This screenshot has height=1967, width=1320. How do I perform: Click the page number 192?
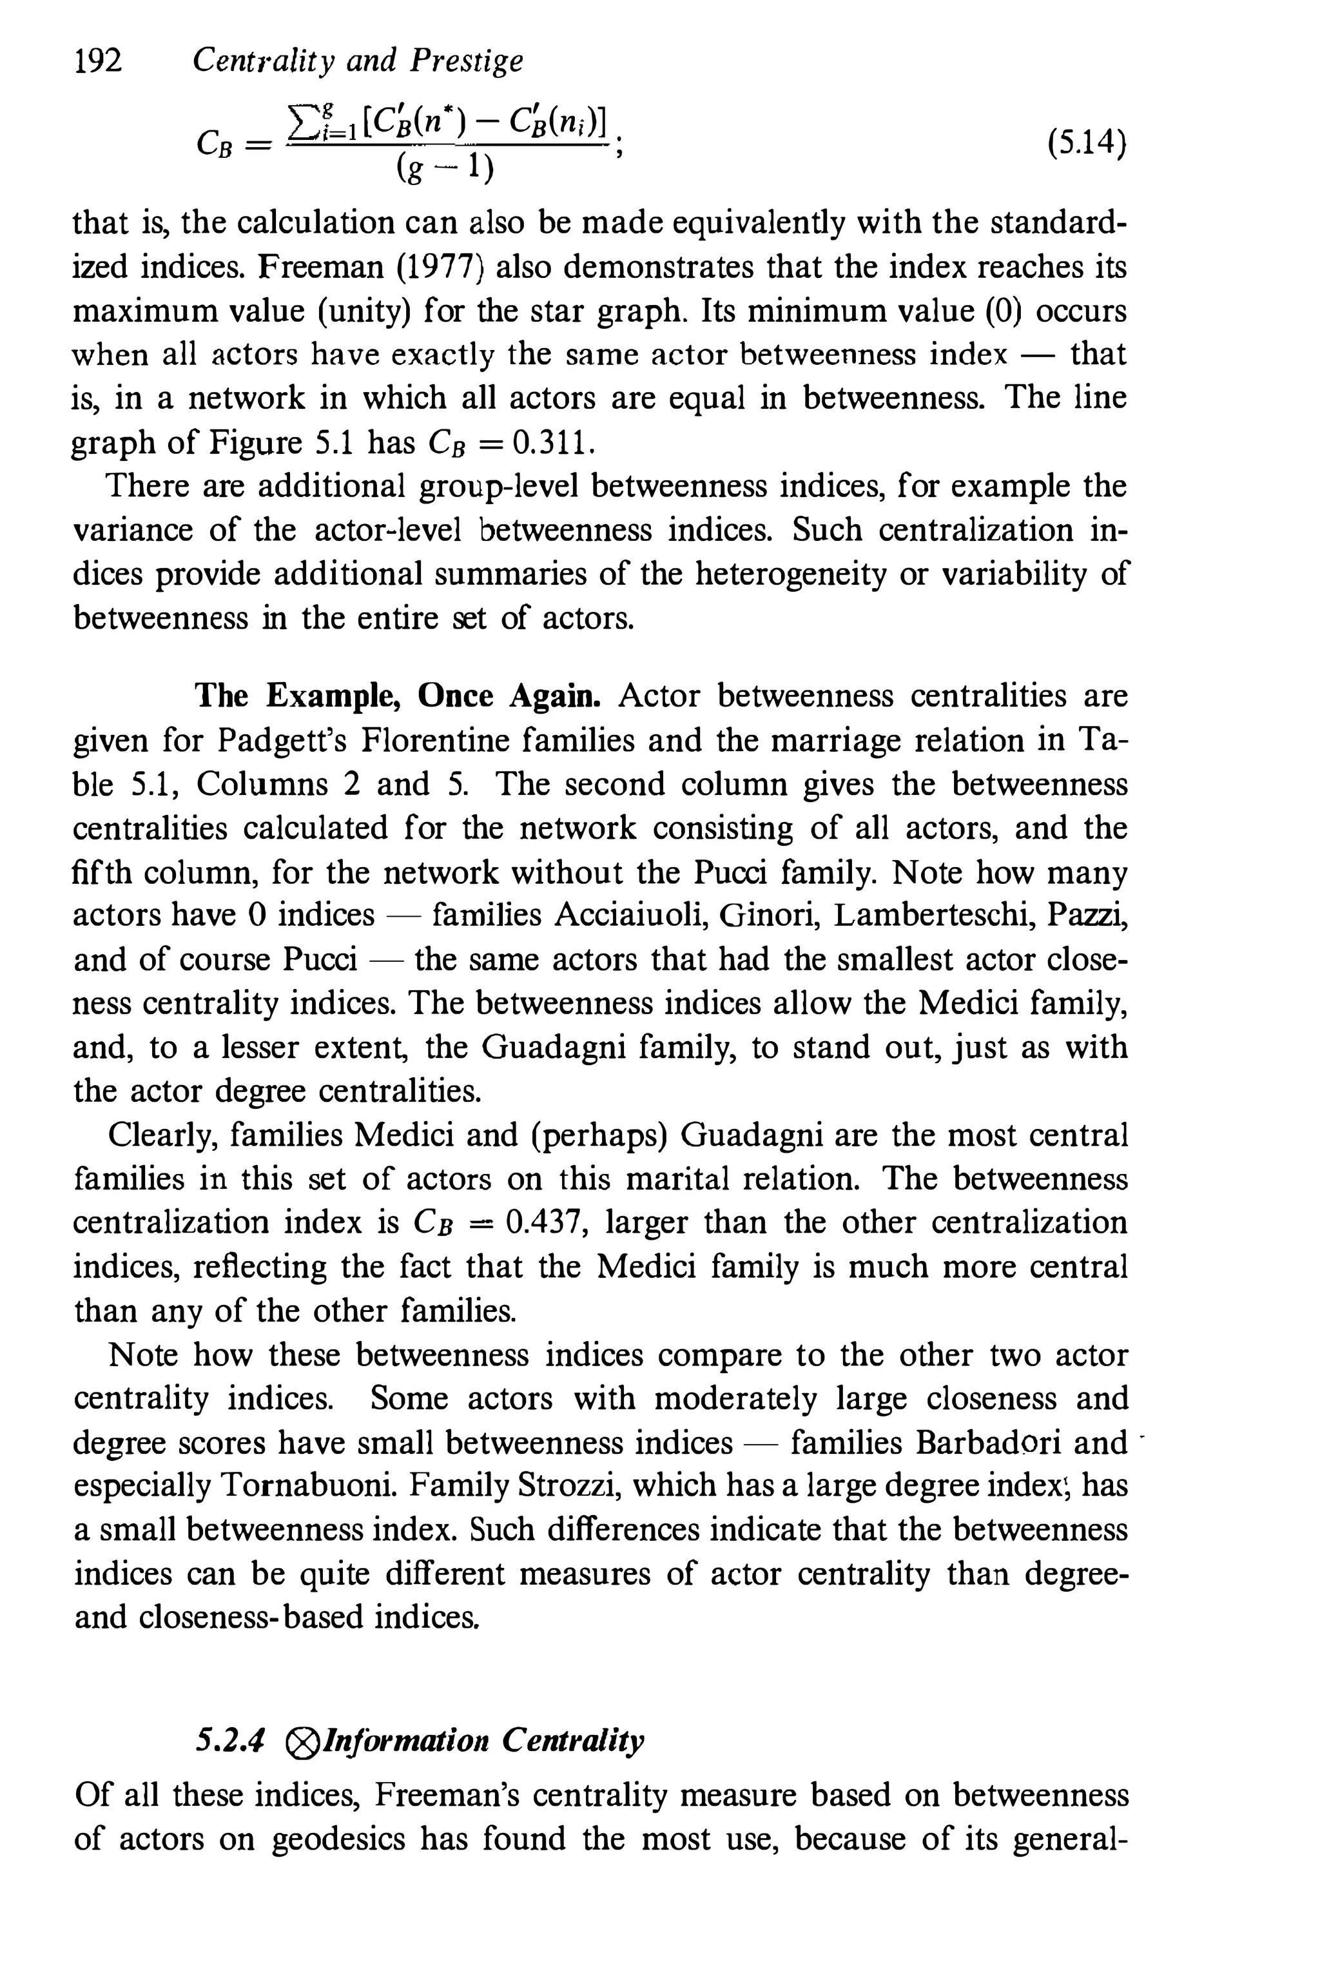coord(98,61)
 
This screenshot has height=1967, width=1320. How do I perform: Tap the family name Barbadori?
coord(988,1442)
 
